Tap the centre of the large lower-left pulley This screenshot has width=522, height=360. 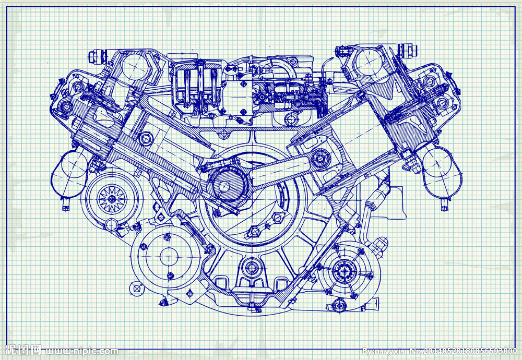tap(168, 256)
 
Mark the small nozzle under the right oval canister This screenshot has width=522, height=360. tap(444, 207)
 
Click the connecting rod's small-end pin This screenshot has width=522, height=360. tap(319, 155)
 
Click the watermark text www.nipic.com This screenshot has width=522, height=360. tap(81, 351)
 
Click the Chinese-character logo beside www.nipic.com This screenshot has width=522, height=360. tap(23, 350)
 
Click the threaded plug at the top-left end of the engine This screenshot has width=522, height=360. tap(95, 55)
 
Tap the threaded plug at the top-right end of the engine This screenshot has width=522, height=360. tap(409, 51)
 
